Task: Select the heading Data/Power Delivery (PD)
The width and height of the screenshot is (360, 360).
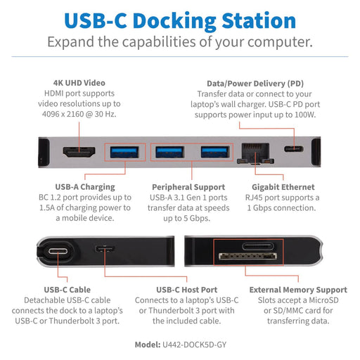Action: coord(260,82)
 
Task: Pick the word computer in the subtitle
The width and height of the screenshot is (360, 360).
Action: coord(276,41)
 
